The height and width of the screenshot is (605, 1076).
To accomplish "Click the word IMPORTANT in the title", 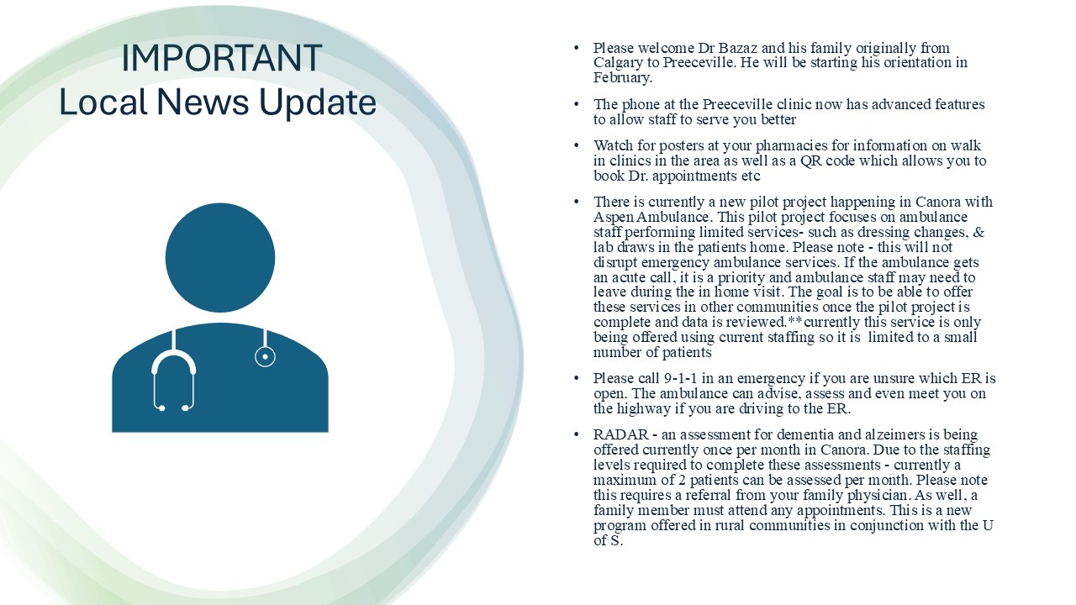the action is click(x=221, y=58).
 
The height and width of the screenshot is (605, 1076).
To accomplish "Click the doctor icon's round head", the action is click(x=220, y=258).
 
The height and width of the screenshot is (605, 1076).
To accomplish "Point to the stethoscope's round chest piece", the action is click(x=265, y=357).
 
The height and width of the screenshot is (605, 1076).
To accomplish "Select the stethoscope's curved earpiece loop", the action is click(x=173, y=379).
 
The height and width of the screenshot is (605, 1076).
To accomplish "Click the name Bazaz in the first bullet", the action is click(x=738, y=48).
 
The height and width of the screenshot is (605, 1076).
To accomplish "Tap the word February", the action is click(x=623, y=78).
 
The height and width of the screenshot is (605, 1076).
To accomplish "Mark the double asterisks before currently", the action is click(x=795, y=321).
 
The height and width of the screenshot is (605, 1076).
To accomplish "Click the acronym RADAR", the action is click(x=620, y=434).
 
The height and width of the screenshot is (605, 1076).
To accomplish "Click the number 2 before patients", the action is click(x=682, y=480).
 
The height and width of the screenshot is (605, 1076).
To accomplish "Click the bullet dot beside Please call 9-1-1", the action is click(x=577, y=378).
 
